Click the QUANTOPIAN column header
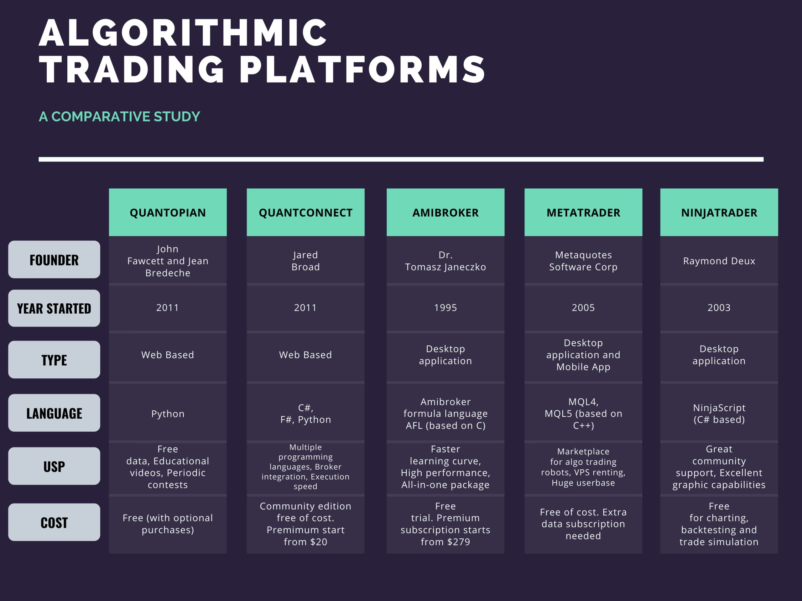168,212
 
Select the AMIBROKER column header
445,212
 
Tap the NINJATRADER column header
719,212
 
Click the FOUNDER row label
54,259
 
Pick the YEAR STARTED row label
54,308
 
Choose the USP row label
54,466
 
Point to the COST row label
54,522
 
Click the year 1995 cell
445,308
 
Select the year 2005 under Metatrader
583,308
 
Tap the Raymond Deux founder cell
719,261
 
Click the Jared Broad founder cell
306,261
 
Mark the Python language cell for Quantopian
168,414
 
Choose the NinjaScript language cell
719,414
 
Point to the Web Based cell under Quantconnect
306,355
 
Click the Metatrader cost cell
583,524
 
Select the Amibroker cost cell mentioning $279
445,524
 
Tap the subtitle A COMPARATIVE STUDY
119,117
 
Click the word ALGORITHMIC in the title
183,33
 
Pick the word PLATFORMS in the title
362,69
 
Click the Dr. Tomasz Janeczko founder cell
445,261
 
